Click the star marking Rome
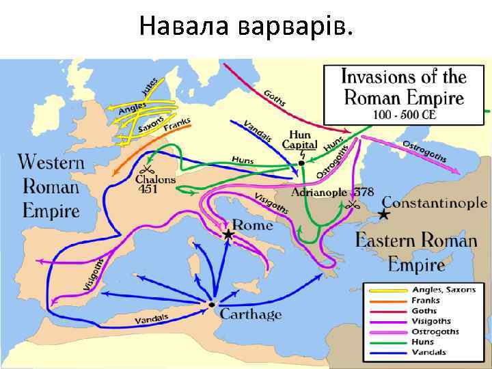[x=228, y=235]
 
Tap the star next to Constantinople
[x=385, y=214]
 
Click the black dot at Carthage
[x=212, y=304]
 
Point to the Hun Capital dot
[x=301, y=163]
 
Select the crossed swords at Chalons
[x=146, y=170]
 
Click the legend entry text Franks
[x=425, y=300]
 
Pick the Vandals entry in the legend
[x=428, y=352]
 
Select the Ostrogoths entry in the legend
[x=435, y=331]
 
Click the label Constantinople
[x=434, y=202]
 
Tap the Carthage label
[x=250, y=314]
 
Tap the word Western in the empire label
[x=51, y=163]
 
